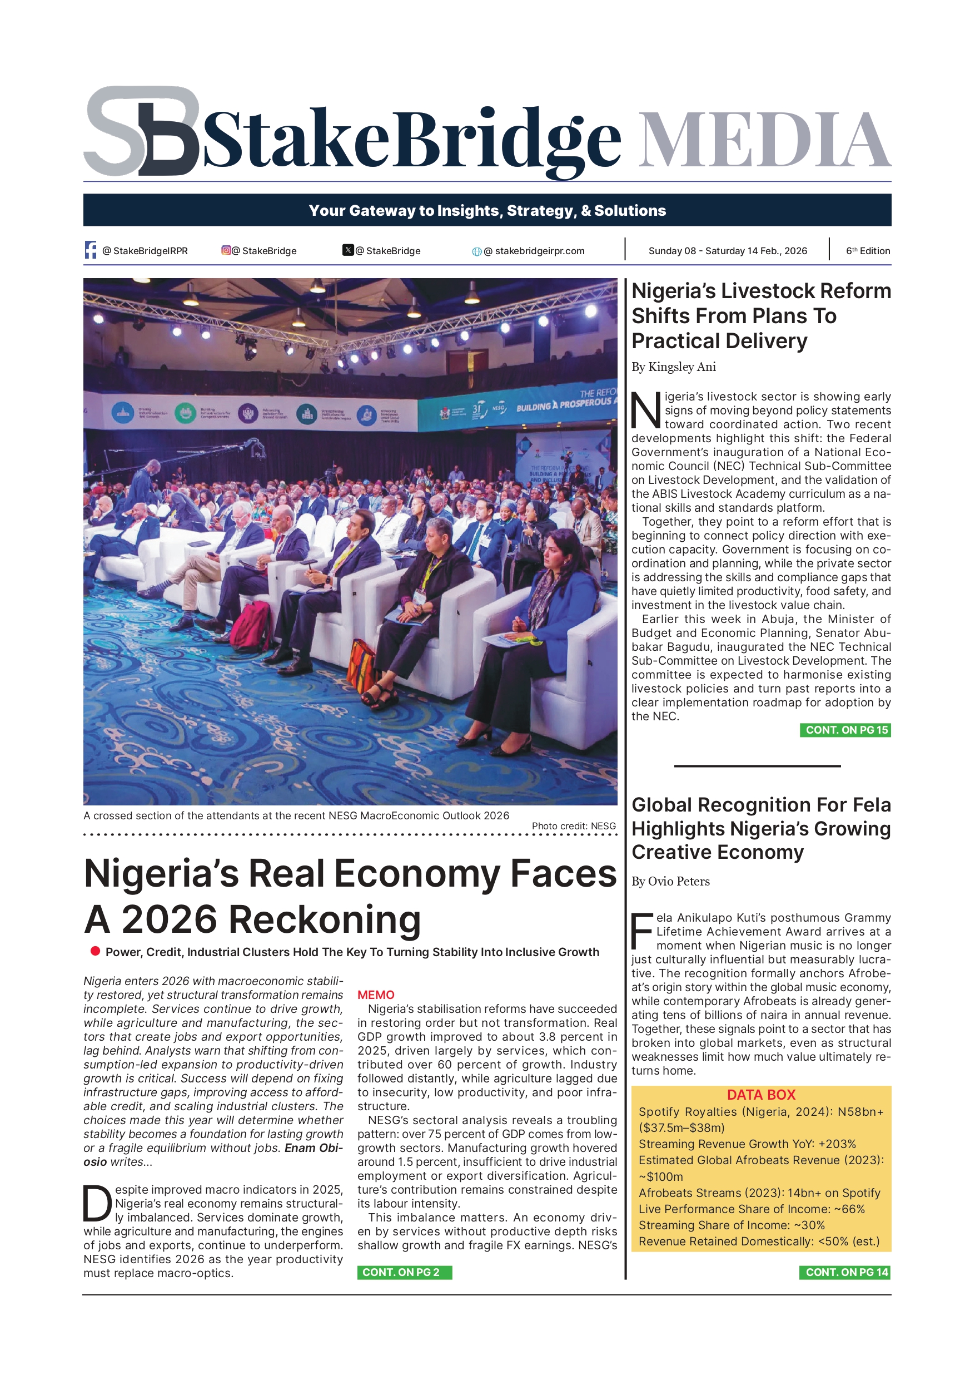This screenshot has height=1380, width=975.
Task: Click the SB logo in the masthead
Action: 142,131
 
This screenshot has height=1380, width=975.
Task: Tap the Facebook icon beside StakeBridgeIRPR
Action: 91,250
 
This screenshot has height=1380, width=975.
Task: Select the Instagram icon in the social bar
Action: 226,250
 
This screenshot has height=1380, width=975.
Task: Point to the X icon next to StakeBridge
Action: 348,250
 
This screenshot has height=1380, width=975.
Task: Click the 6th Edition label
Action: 868,251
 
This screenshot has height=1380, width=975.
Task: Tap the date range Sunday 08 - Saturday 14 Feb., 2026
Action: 728,251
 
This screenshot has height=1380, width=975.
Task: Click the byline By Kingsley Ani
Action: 673,367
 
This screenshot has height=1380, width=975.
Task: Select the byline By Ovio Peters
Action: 670,881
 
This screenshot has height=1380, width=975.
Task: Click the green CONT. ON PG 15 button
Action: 845,730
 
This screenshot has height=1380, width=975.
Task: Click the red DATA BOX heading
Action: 761,1095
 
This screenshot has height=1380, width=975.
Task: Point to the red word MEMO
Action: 376,995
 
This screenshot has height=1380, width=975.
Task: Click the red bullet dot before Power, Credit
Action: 95,951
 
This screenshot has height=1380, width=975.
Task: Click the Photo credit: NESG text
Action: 574,826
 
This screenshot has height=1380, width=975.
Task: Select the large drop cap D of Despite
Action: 97,1203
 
